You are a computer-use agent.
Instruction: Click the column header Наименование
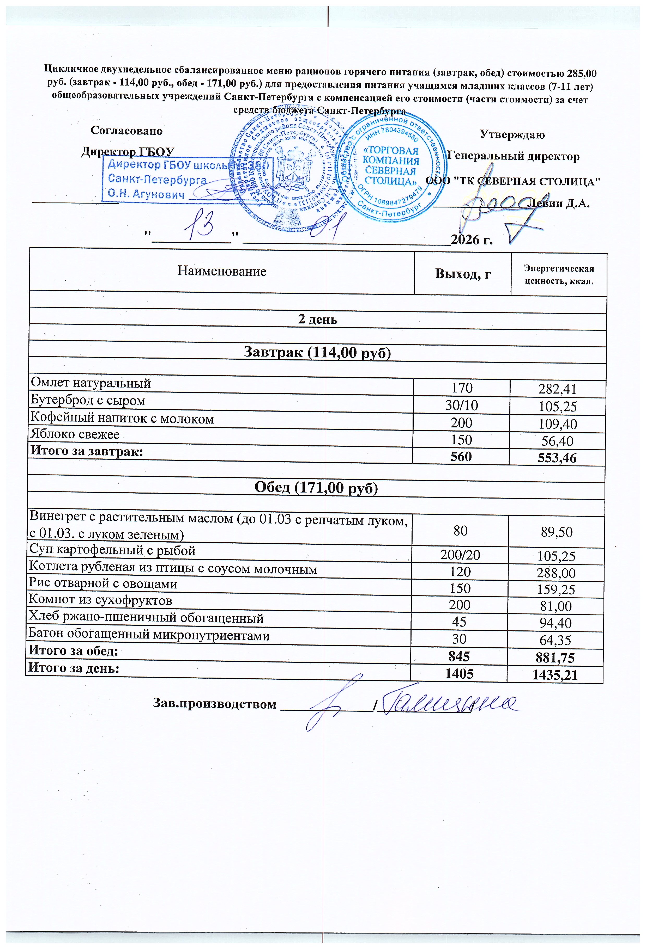point(222,271)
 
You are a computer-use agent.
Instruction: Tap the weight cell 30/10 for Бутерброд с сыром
point(462,406)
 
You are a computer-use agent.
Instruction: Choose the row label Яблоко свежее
point(75,434)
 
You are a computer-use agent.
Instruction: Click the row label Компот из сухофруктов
point(100,600)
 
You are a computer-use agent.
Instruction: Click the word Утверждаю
point(512,134)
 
